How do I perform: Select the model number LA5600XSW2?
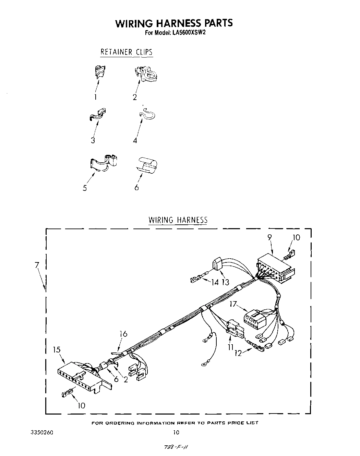(x=189, y=33)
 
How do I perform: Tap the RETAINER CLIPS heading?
(x=126, y=52)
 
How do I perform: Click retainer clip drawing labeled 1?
(x=99, y=71)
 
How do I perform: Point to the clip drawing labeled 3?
(x=98, y=114)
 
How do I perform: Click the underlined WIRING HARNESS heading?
(x=178, y=220)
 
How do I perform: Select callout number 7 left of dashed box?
(x=37, y=265)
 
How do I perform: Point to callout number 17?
(x=233, y=304)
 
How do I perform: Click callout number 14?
(x=215, y=282)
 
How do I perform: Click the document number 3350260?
(x=42, y=433)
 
